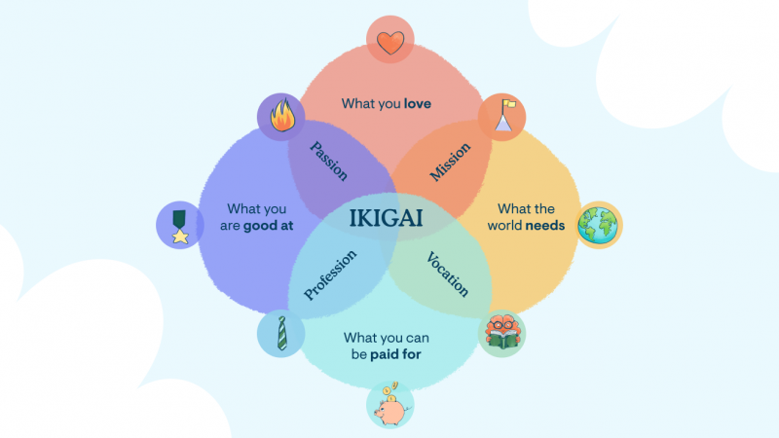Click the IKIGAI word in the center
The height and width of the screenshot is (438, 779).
[386, 218]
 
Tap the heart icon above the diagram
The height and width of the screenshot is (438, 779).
[390, 43]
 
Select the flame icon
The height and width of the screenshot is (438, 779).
[282, 115]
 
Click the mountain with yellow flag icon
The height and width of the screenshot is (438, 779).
[503, 116]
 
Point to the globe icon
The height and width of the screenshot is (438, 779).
[598, 225]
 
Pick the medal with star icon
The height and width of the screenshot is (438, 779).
[180, 227]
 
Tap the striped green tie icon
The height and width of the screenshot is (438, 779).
[281, 333]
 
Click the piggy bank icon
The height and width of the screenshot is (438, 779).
[391, 405]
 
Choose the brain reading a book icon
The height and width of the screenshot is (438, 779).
[501, 332]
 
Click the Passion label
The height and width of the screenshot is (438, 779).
[328, 161]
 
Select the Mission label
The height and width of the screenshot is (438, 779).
[450, 162]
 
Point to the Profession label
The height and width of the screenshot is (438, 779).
[330, 275]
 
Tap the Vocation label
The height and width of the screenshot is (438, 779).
[448, 274]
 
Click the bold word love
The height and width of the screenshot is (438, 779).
[418, 104]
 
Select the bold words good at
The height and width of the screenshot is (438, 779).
[269, 226]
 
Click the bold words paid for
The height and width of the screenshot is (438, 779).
[396, 354]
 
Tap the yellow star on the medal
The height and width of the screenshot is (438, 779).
[180, 237]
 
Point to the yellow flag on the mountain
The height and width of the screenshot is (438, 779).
[509, 104]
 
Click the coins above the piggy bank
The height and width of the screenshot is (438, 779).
[391, 391]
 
